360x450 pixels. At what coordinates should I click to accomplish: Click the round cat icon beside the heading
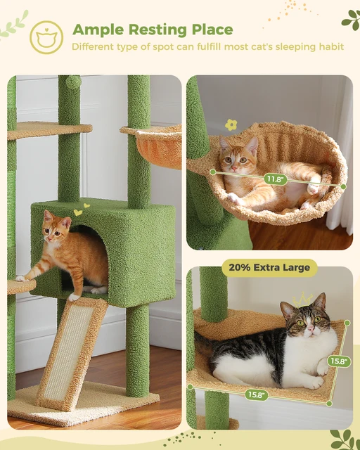coord(46,38)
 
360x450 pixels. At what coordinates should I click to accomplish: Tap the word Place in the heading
coord(209,30)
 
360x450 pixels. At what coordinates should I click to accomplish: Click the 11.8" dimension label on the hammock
coord(274,179)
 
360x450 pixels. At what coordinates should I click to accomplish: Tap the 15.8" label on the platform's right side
coord(339,361)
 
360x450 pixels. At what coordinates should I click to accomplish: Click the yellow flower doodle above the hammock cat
coord(231,124)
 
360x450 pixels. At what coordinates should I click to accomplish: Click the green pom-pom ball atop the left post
coord(72,82)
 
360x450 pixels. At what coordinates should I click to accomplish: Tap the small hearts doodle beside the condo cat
coord(80,210)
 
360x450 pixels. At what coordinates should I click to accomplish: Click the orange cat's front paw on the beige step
coord(20,278)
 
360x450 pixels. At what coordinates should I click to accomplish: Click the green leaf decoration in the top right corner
coord(349,20)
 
